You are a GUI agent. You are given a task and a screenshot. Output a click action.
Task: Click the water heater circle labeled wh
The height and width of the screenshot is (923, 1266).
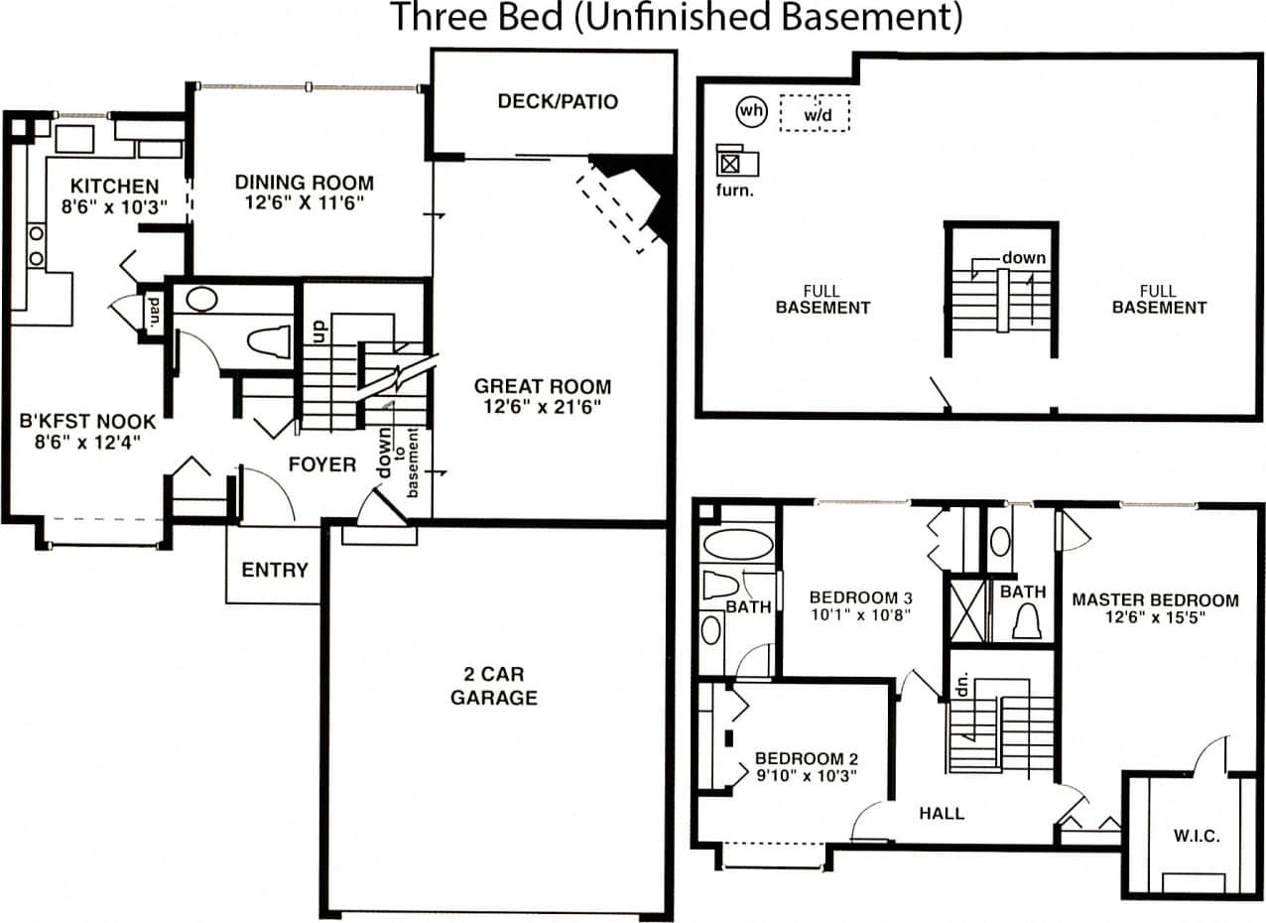[x=751, y=111]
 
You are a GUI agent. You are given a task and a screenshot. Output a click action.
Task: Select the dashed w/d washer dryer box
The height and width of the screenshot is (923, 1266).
[x=815, y=113]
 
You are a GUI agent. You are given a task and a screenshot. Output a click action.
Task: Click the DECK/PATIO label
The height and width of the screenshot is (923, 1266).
[x=558, y=101]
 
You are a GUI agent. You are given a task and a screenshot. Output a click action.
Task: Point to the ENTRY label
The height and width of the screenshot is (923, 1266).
[x=275, y=570]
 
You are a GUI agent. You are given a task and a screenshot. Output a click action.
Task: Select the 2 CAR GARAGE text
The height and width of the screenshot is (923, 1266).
[x=494, y=684]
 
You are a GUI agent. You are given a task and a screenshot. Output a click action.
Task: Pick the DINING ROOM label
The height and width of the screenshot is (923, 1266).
[x=305, y=183]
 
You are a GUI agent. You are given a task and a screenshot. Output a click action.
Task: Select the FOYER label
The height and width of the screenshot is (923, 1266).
[x=322, y=463]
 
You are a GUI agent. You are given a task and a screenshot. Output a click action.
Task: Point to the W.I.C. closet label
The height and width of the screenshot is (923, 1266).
[x=1197, y=836]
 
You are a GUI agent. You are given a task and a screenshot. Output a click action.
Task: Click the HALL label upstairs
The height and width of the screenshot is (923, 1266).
[x=942, y=813]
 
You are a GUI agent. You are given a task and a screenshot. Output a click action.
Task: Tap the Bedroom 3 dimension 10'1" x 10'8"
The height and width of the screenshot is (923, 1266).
[x=861, y=615]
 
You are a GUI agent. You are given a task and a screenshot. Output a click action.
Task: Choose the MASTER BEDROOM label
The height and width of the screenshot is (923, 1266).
[x=1155, y=599]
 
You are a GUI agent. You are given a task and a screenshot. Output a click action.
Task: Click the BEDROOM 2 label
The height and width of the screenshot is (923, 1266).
[x=805, y=759]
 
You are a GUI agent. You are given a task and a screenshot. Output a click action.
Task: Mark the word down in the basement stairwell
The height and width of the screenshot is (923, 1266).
[x=1023, y=258]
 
